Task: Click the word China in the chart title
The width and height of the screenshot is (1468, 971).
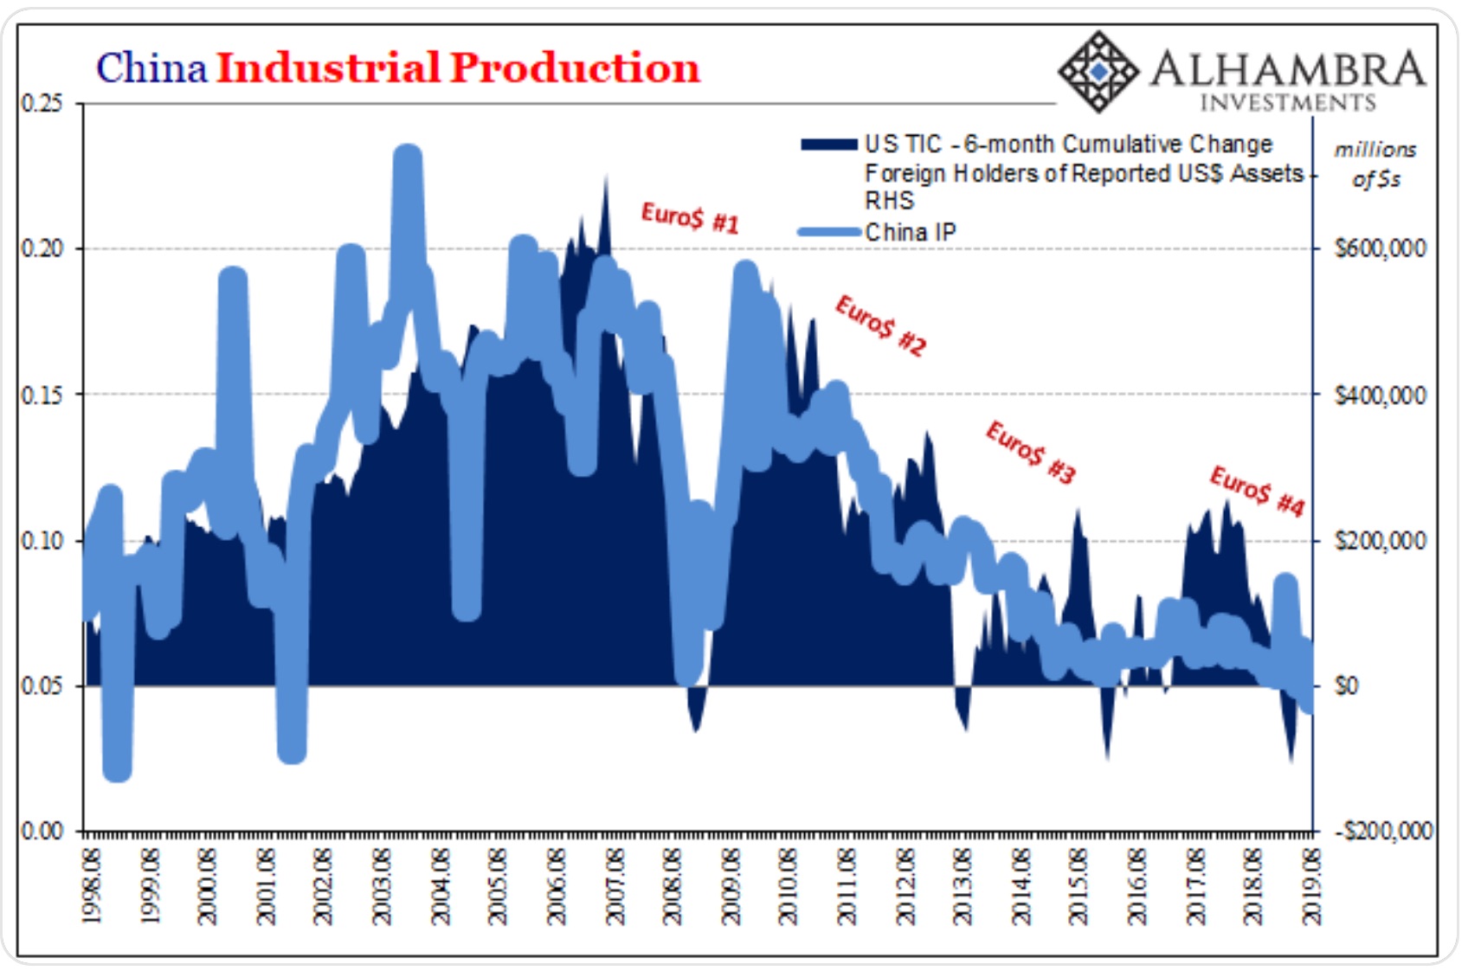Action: (151, 68)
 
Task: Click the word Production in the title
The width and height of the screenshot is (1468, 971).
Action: (574, 68)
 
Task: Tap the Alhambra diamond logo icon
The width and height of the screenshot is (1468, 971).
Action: (1098, 72)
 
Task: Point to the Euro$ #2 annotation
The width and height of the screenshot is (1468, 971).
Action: (880, 325)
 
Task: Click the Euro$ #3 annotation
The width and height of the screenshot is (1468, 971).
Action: (1030, 452)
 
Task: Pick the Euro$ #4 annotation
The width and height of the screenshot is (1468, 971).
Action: (1257, 491)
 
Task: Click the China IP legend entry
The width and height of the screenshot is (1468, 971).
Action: (910, 232)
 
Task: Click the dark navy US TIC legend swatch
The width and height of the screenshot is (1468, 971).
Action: (828, 145)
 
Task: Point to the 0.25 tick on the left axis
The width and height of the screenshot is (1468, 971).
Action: (42, 103)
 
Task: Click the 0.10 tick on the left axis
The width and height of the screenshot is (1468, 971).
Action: (42, 540)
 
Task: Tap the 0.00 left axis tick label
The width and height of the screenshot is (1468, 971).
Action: (42, 831)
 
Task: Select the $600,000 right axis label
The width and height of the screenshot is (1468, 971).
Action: (1380, 249)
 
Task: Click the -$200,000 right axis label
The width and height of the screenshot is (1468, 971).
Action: (1383, 832)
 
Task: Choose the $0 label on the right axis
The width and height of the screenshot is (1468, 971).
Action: (1347, 686)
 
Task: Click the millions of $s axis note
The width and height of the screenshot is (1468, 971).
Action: (1375, 164)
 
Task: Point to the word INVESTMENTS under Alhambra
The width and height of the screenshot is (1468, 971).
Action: (1287, 103)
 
